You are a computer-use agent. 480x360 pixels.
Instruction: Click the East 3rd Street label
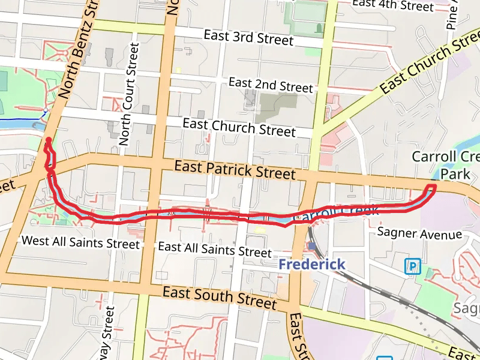click(x=248, y=37)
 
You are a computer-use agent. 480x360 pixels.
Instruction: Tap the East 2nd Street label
click(x=271, y=85)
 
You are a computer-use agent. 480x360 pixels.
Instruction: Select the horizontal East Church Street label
click(x=239, y=127)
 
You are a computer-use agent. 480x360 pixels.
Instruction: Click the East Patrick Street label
click(x=235, y=169)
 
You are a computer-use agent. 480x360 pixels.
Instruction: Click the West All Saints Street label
click(x=80, y=242)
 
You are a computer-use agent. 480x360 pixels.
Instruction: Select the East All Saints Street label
click(x=214, y=250)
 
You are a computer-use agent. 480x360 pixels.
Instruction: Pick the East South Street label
click(x=220, y=298)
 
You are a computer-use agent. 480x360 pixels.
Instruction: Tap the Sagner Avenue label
click(x=420, y=233)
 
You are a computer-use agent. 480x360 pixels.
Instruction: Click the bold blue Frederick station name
click(x=312, y=265)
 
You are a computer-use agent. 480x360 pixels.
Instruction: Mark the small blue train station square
click(x=312, y=246)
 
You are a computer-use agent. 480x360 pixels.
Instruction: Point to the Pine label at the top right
click(x=453, y=15)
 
